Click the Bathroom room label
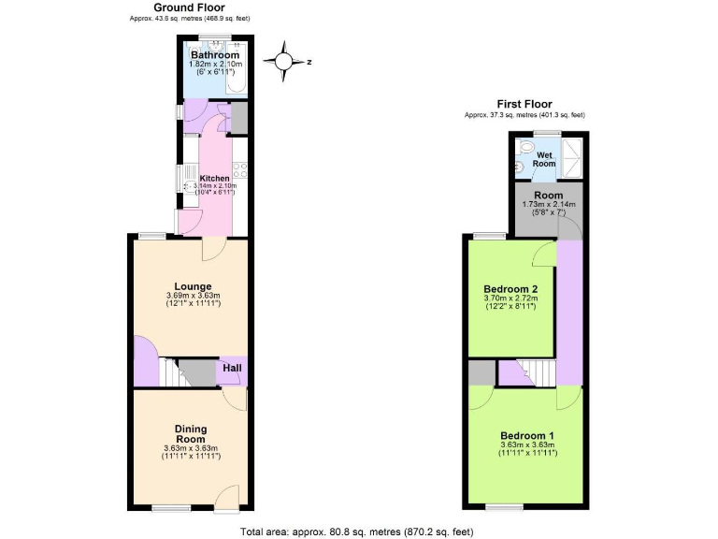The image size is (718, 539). tap(215, 55)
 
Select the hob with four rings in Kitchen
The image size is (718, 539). tap(238, 171)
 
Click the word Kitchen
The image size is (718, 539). tap(215, 178)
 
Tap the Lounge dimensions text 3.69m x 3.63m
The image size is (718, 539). tap(191, 297)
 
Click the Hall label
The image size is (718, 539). tap(232, 369)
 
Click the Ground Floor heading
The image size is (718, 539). tap(189, 7)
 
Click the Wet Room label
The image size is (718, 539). tap(543, 158)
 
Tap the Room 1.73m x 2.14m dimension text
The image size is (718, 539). tap(548, 204)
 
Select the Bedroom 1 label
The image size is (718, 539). tap(527, 436)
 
